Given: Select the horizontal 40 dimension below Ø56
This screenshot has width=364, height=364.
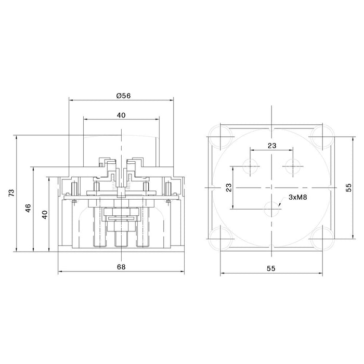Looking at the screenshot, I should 121,115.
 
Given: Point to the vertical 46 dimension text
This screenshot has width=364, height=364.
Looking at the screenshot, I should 29,208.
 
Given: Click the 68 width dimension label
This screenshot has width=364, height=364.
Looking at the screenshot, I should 121,267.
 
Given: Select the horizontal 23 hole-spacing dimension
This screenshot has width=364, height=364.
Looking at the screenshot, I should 271,146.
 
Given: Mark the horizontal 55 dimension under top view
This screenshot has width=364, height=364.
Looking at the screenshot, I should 271,268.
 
